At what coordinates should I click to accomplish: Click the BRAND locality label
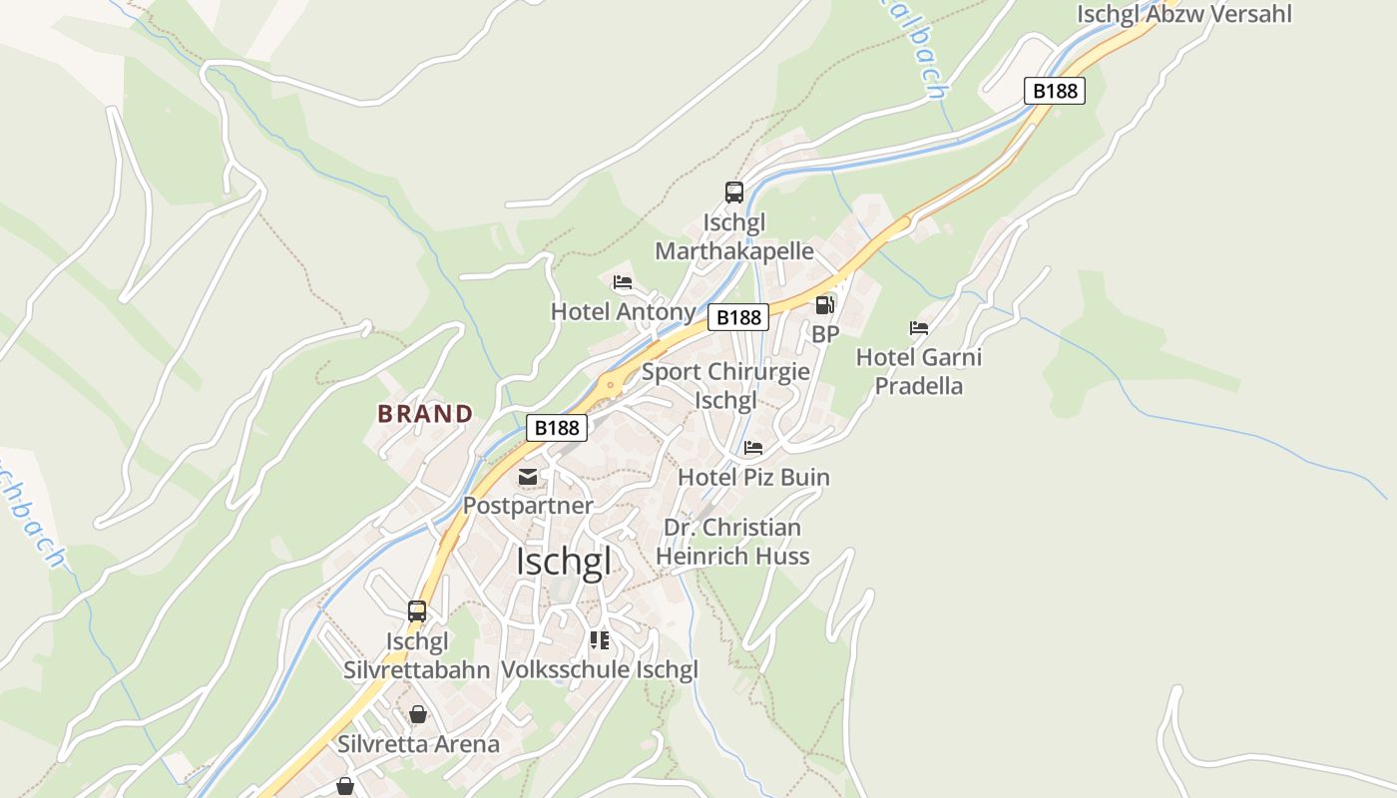pos(425,413)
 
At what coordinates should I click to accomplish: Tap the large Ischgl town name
pos(563,562)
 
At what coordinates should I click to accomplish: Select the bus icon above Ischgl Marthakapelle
pos(734,193)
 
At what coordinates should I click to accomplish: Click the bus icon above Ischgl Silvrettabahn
pos(417,611)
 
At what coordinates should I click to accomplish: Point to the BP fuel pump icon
pos(824,305)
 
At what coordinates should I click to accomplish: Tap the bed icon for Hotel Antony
pos(623,282)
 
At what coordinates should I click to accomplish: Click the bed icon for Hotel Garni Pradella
pos(919,327)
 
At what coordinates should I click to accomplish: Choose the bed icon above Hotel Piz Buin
pos(753,448)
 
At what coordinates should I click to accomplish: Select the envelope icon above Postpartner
pos(528,477)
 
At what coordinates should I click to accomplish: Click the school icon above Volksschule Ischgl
pos(599,639)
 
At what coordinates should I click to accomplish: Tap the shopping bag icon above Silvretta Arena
pos(418,714)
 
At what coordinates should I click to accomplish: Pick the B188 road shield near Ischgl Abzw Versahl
pos(1055,91)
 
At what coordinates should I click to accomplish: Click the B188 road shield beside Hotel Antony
pos(738,317)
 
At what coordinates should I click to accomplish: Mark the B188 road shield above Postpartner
pos(556,428)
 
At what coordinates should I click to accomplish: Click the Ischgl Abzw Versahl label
pos(1183,14)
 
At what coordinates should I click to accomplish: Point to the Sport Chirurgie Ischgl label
pos(725,386)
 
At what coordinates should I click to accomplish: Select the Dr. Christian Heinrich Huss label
pos(733,542)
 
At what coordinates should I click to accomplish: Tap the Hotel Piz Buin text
pos(753,477)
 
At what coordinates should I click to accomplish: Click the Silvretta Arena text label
pos(418,744)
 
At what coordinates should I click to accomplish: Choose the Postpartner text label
pos(528,506)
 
